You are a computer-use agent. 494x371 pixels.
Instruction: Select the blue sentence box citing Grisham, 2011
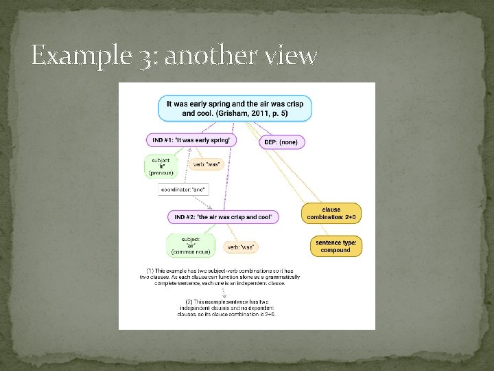click(x=235, y=109)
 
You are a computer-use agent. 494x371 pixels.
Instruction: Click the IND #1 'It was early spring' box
click(x=191, y=140)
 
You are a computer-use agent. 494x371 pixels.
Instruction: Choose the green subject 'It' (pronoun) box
click(x=161, y=165)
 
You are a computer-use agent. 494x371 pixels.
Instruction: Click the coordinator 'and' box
click(x=183, y=189)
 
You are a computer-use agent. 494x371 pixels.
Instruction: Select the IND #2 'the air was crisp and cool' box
click(x=223, y=217)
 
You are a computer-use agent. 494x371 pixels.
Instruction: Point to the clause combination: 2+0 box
click(x=331, y=214)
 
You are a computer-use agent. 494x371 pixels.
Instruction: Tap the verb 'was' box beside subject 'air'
click(x=241, y=247)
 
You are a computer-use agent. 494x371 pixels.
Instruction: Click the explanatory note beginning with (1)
click(x=216, y=276)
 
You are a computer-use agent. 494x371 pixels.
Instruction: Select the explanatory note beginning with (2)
click(x=226, y=307)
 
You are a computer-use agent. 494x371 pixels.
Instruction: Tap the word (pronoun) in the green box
click(x=161, y=173)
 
